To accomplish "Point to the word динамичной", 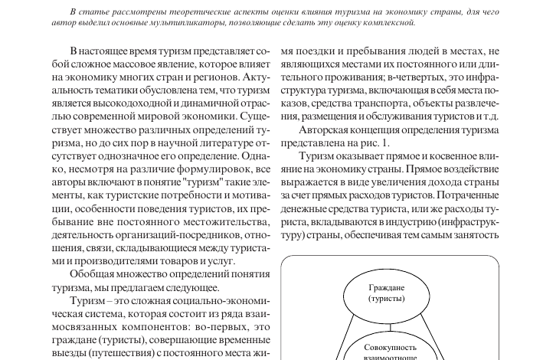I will (203, 105).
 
